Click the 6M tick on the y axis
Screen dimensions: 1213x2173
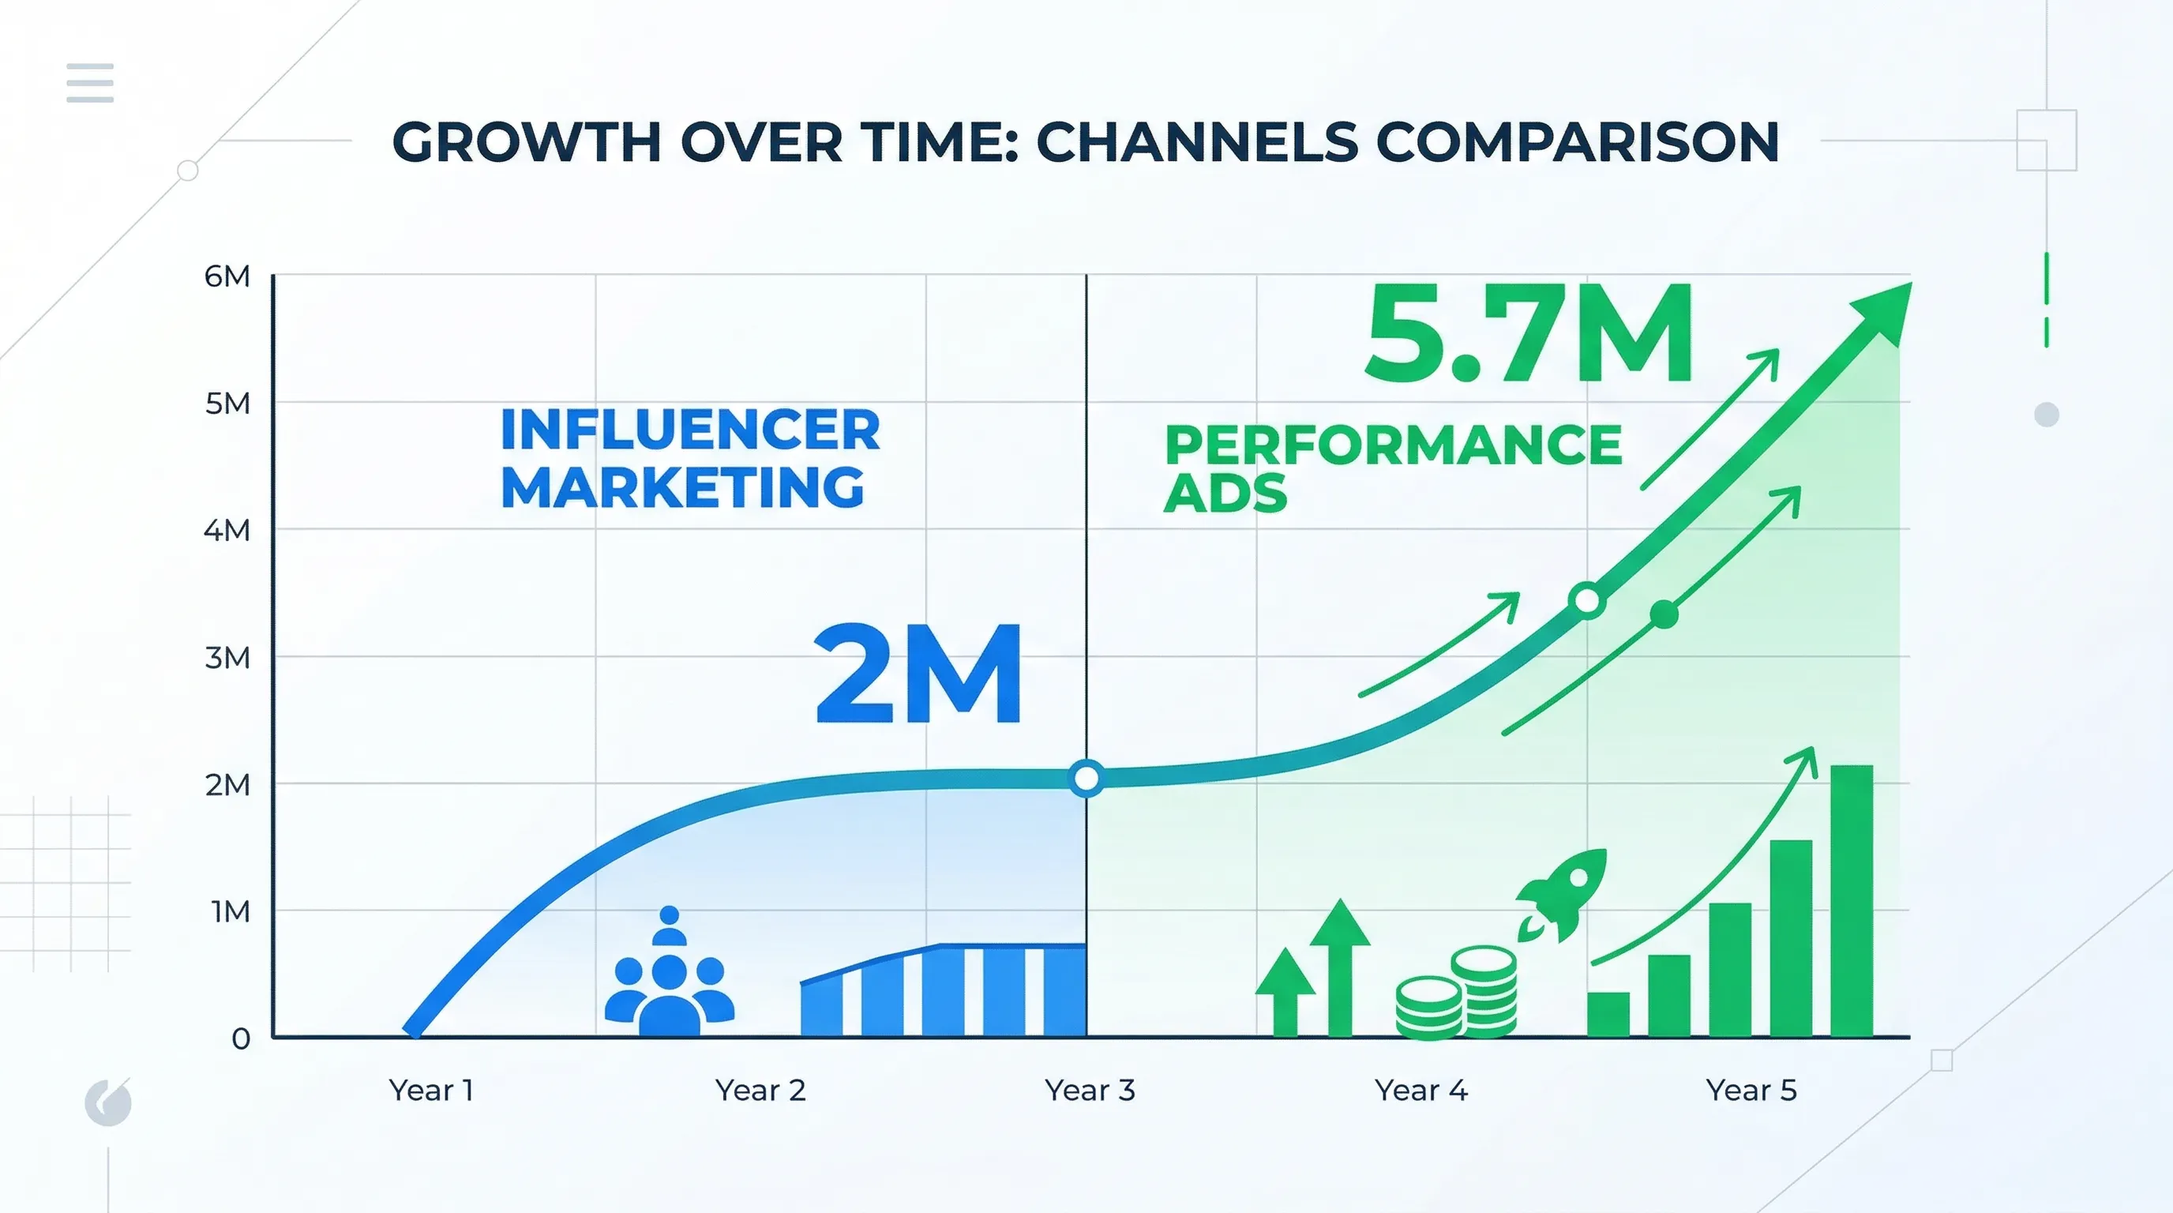227,276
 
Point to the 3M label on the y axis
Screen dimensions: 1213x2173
227,657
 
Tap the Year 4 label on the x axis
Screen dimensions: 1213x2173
1421,1090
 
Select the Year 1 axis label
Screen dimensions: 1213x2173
431,1090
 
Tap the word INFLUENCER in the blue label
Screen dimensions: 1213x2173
690,430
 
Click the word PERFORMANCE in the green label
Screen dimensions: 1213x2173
1394,445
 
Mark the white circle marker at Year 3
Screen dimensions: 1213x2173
1086,778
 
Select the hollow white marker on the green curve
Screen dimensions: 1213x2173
1588,602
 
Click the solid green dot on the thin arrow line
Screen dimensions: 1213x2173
1664,615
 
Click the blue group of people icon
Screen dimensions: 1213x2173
669,978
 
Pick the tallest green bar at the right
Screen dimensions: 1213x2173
1852,900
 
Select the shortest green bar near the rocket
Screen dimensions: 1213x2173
1608,1014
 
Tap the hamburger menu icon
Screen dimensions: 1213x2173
90,83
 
